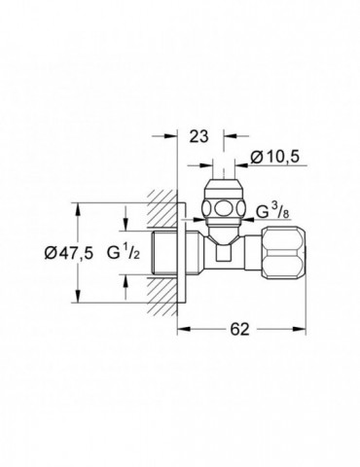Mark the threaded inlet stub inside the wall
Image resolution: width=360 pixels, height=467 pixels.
pos(155,253)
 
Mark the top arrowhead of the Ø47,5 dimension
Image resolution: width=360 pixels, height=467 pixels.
pos(77,207)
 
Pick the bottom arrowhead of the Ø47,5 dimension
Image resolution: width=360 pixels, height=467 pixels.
pos(77,300)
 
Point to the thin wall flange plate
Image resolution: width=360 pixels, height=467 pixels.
pos(178,253)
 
